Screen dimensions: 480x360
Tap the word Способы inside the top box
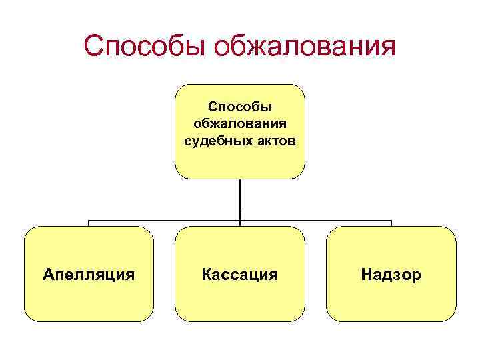point(240,107)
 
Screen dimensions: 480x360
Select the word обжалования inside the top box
point(240,124)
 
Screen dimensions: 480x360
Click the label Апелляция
point(89,274)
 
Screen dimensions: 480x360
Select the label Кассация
point(240,274)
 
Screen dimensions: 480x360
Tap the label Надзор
point(391,274)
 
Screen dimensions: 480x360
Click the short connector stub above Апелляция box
point(89,223)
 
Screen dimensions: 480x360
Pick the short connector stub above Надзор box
point(391,223)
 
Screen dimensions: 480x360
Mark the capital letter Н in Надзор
point(366,274)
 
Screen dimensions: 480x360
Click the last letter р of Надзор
point(417,275)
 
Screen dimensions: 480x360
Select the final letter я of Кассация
point(273,275)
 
